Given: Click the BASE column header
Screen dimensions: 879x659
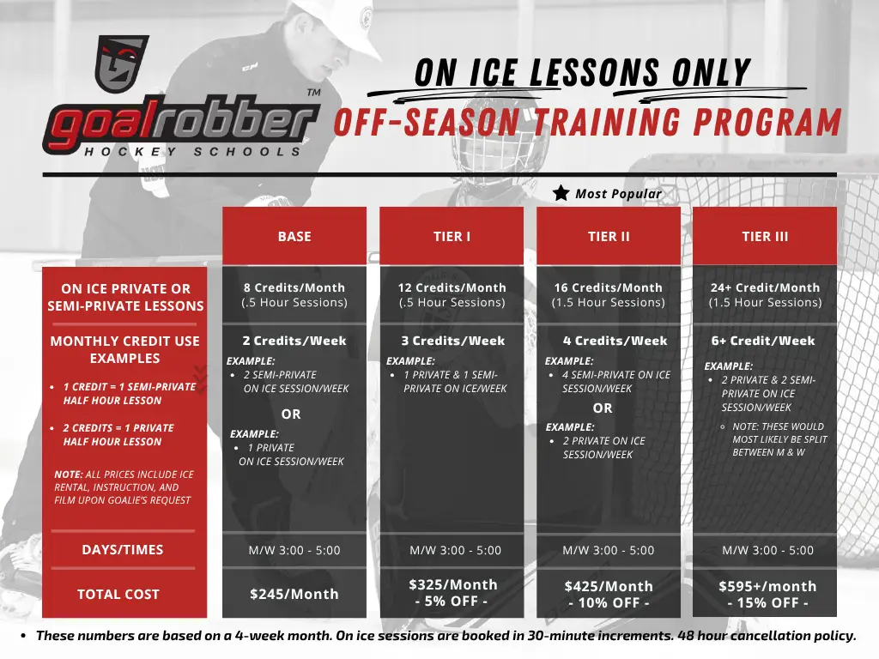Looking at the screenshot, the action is (x=294, y=237).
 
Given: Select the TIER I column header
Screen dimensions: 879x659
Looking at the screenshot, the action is (x=452, y=237).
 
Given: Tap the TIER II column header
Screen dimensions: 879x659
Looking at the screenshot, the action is (x=609, y=237).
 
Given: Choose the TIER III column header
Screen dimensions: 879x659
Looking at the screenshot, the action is (x=765, y=237).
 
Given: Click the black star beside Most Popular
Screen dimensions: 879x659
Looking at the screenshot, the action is (x=561, y=193).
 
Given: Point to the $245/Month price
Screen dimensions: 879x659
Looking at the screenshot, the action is (x=294, y=594).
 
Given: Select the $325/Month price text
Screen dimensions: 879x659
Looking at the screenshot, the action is (x=453, y=584).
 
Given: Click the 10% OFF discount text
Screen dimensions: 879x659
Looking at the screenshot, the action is (x=609, y=603).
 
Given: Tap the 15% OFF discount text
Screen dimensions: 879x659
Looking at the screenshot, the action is (x=767, y=603).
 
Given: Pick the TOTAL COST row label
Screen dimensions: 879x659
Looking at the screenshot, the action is (x=118, y=594).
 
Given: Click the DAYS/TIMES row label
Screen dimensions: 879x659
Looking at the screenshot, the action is (x=123, y=550).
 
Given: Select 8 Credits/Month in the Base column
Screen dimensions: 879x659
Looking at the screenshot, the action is (x=294, y=287).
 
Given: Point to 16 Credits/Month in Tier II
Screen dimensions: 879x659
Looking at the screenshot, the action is (x=609, y=287).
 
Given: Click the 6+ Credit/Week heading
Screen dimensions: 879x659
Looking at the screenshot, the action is (x=763, y=341).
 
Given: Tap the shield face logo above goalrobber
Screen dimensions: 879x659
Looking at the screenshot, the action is (x=122, y=63).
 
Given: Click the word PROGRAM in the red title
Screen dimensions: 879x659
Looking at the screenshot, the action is (x=767, y=122).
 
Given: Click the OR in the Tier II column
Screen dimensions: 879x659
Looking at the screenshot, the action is (x=603, y=408).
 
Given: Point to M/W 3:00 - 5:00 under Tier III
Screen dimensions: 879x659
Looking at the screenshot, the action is (x=767, y=550).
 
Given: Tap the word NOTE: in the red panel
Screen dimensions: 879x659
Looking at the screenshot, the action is (x=69, y=474).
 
